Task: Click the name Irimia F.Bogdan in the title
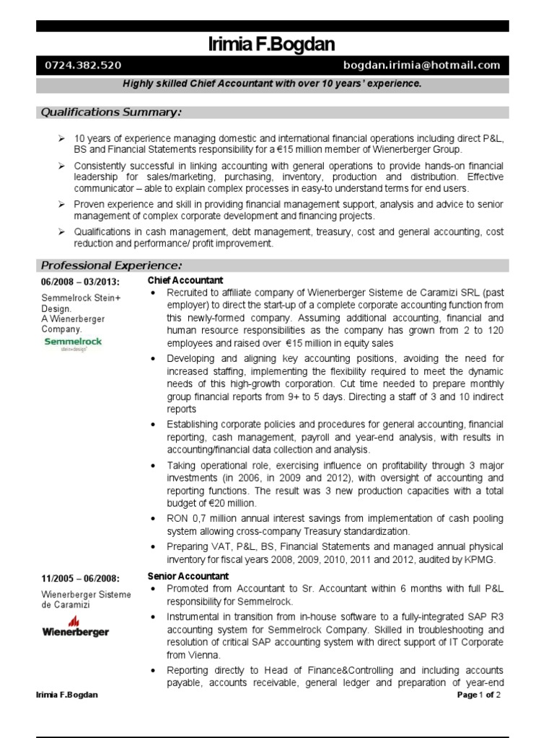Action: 271,45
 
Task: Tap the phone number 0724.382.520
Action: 83,66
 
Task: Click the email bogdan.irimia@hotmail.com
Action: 421,66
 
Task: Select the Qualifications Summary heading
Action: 110,112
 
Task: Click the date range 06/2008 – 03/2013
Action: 80,281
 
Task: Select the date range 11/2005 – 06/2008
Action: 80,578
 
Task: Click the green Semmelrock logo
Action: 73,343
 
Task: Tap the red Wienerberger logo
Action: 75,627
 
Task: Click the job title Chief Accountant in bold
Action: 185,280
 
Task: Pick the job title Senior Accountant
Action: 188,576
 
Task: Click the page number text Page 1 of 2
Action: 479,695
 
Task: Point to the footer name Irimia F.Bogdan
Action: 67,695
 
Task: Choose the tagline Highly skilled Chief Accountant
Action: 271,84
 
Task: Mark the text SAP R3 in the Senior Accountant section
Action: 486,617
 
